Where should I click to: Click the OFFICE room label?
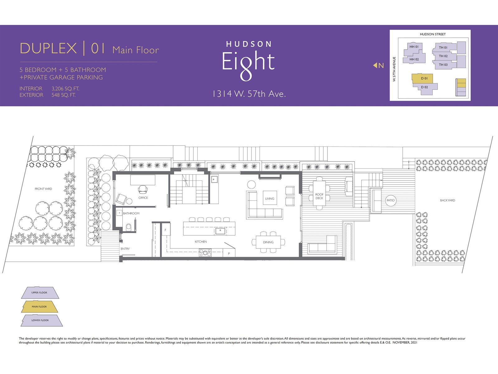pos(143,198)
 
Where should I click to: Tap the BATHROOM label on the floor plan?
pos(131,213)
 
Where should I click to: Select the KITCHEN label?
pos(201,242)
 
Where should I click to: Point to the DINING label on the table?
pos(268,242)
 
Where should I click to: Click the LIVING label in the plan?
pos(270,199)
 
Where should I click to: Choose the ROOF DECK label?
pos(319,196)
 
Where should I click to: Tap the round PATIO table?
pos(390,200)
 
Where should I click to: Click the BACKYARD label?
pos(447,200)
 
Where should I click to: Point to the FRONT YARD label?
pos(43,189)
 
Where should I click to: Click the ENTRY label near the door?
pos(125,249)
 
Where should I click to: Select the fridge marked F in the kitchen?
pos(166,230)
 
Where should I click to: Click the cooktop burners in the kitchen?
pos(205,253)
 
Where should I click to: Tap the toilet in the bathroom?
pos(129,227)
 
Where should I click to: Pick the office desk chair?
pos(143,189)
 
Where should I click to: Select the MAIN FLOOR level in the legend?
pos(40,307)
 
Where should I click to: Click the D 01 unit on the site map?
pos(422,78)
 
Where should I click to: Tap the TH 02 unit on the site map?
pos(443,56)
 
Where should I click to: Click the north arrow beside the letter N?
pos(375,65)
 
